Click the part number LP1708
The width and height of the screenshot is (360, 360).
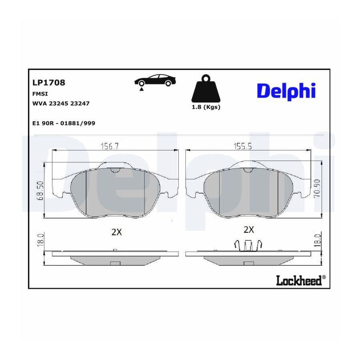click(49, 82)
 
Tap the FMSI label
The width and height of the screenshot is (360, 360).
click(40, 94)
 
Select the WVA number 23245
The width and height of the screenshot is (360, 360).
click(59, 103)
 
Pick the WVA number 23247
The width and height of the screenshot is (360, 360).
click(80, 103)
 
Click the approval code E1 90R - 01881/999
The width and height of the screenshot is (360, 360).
click(64, 123)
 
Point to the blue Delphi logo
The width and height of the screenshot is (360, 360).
click(286, 91)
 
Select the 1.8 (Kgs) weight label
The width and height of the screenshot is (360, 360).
click(206, 107)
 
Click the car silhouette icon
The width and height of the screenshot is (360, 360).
click(156, 80)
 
